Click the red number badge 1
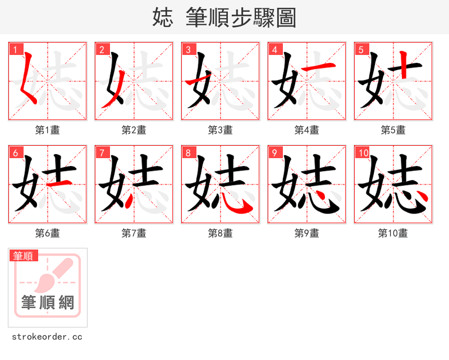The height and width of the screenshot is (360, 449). [x=15, y=49]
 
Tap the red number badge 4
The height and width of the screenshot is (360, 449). [x=274, y=49]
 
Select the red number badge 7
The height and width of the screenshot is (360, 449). [x=101, y=153]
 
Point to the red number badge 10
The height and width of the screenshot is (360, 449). [x=363, y=153]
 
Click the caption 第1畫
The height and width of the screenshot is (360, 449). [x=48, y=130]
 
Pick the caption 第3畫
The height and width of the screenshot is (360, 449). [x=221, y=130]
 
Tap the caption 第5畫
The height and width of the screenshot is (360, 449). [x=393, y=130]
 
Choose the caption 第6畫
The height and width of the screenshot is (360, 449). [x=48, y=233]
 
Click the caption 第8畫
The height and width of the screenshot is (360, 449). [x=221, y=233]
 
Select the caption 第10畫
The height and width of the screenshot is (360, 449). [x=393, y=233]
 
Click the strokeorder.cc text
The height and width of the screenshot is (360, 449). [x=47, y=337]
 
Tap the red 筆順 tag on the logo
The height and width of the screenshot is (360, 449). [x=24, y=256]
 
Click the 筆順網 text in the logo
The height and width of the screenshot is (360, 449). [x=48, y=303]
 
